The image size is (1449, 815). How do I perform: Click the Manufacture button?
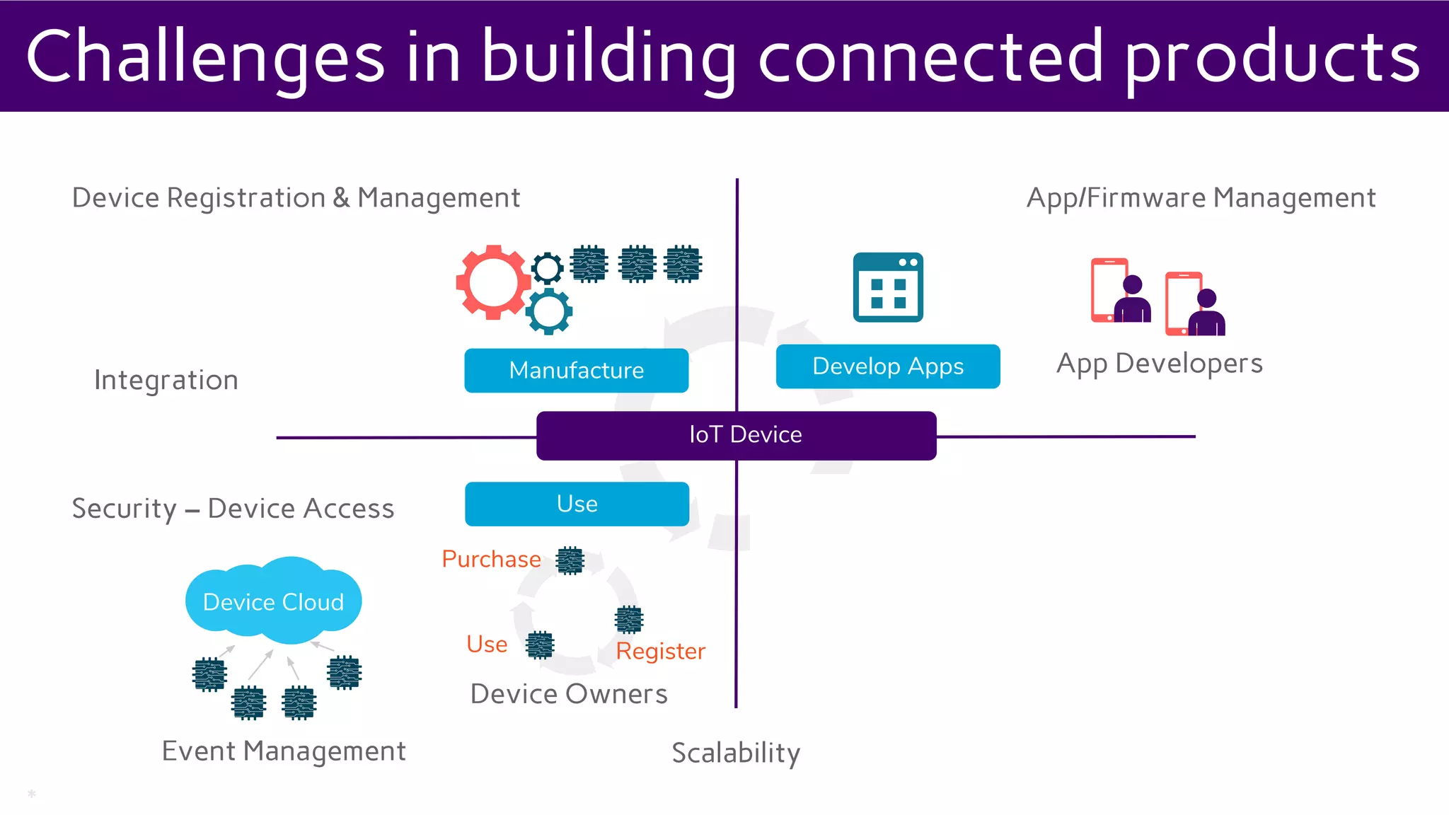576,370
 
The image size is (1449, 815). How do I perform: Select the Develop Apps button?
887,366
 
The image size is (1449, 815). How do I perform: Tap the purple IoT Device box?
736,435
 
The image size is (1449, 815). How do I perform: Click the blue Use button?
577,504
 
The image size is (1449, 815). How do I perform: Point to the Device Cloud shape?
273,601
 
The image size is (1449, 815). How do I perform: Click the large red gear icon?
492,282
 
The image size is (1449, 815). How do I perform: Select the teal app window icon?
888,287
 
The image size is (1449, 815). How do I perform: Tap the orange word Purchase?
491,559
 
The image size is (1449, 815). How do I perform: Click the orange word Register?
660,651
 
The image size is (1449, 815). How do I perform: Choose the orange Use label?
487,644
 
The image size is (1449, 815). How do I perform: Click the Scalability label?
735,753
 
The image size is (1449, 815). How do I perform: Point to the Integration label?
166,380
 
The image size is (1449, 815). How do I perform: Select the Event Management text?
284,751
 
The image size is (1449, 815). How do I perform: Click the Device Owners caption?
569,694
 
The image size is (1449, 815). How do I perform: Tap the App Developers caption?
1159,364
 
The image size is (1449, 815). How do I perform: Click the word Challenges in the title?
205,57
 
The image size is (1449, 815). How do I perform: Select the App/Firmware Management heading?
1201,198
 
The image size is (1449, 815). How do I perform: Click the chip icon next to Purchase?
570,560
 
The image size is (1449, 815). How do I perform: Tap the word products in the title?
1272,57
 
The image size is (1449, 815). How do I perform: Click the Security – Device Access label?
233,509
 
